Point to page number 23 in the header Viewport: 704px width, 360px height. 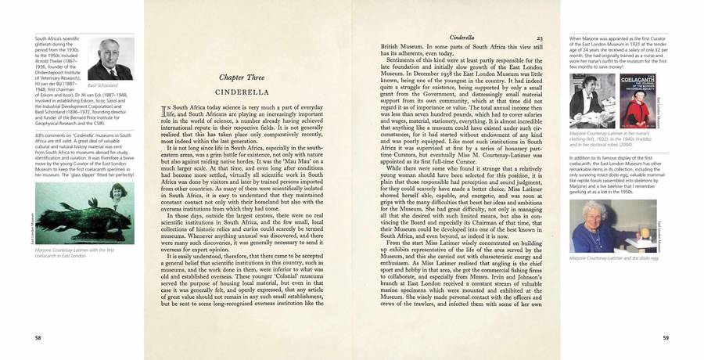tap(540, 38)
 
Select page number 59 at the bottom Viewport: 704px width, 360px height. tap(665, 337)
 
